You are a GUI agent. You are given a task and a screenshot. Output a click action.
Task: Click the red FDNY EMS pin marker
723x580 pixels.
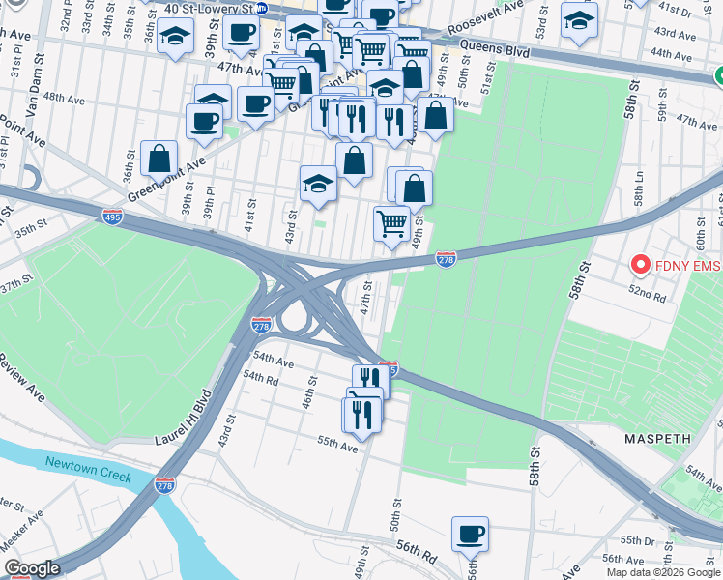(x=639, y=263)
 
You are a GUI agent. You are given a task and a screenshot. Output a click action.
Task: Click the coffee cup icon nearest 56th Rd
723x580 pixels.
(x=470, y=533)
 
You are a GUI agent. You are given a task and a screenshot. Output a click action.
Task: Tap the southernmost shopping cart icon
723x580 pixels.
(x=391, y=223)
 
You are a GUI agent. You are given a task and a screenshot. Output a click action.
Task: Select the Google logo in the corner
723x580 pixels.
(x=31, y=568)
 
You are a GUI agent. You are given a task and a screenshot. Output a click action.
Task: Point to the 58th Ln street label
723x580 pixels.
(x=639, y=197)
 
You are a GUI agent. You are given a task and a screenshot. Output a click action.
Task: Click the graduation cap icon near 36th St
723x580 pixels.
(x=175, y=37)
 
